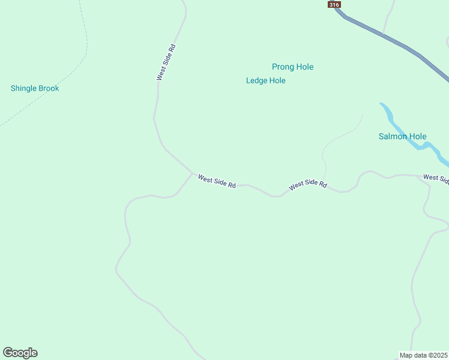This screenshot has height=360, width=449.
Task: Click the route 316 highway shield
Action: [334, 4]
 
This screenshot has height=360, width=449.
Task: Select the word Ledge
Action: [257, 80]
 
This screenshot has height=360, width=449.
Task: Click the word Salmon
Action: [391, 136]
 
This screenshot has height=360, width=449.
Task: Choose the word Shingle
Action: [23, 88]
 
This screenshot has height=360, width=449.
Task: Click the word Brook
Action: [49, 88]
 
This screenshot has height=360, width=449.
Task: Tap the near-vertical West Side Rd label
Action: [166, 62]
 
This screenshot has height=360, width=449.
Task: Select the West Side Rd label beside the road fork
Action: [217, 181]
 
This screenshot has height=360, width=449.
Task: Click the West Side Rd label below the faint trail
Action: [307, 185]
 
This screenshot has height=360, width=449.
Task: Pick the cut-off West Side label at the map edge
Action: [435, 178]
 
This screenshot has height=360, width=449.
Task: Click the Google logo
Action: [20, 353]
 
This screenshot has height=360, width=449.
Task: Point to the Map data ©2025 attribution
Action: [423, 355]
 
